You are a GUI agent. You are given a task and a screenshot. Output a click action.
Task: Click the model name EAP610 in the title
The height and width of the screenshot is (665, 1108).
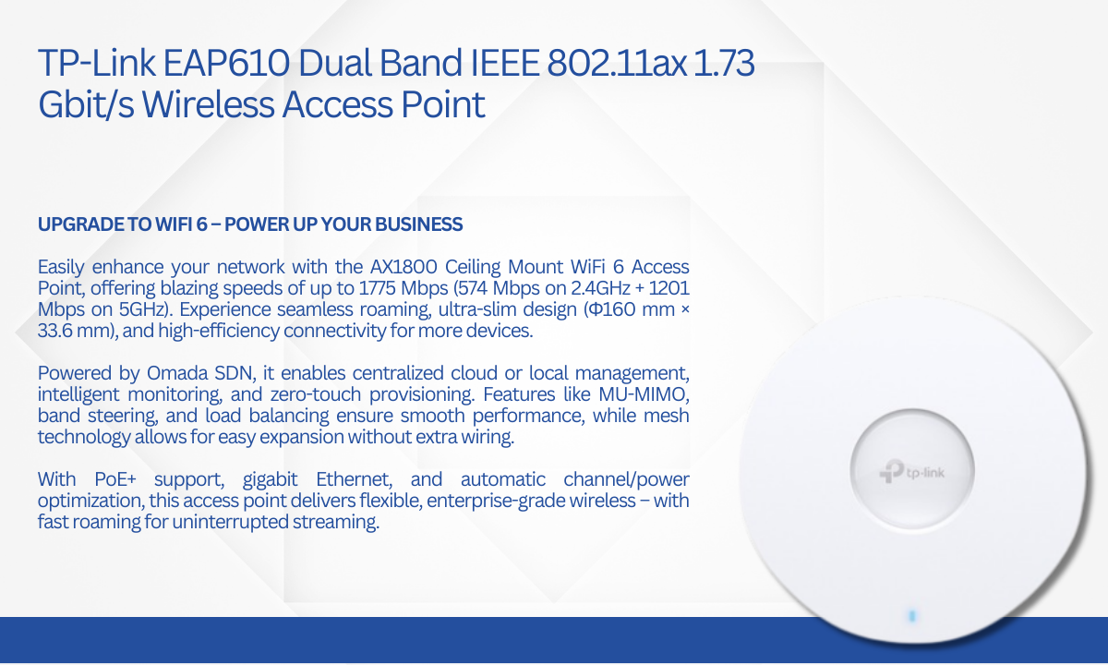(225, 63)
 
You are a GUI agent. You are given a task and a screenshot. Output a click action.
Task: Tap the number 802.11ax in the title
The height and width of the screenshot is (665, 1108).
(617, 63)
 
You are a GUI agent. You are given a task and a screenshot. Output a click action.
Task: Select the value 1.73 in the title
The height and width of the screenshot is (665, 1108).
(724, 63)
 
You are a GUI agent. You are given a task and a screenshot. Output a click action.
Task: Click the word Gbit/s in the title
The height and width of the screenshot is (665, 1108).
(86, 104)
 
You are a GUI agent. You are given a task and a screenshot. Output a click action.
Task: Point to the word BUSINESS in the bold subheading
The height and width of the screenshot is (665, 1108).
(418, 224)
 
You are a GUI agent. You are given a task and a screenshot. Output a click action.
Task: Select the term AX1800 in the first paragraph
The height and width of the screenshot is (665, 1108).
(403, 267)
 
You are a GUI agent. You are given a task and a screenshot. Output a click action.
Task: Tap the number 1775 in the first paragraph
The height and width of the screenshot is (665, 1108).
(377, 288)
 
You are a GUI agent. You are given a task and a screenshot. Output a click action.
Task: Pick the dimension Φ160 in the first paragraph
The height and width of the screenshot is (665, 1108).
(612, 309)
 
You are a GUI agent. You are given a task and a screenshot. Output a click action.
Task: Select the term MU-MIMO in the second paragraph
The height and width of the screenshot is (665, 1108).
(644, 395)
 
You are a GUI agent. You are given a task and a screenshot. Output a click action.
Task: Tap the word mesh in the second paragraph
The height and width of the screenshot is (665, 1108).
(666, 416)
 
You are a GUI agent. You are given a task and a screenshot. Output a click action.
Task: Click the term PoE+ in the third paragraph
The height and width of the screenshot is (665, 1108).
(115, 479)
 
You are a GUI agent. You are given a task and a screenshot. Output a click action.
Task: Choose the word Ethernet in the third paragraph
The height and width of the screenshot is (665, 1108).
(355, 480)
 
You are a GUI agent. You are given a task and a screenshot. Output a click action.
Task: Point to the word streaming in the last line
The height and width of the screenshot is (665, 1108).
(336, 523)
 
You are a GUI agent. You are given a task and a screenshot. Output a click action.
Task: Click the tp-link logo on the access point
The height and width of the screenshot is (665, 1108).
(911, 472)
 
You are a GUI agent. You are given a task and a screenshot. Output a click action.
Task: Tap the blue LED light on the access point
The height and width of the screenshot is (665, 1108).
(912, 616)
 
